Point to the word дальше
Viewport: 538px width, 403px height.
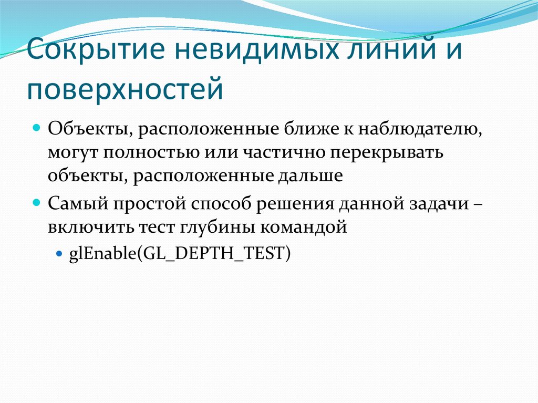click(x=309, y=175)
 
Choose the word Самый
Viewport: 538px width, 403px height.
click(x=71, y=203)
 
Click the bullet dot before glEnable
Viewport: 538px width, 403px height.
click(x=59, y=253)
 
